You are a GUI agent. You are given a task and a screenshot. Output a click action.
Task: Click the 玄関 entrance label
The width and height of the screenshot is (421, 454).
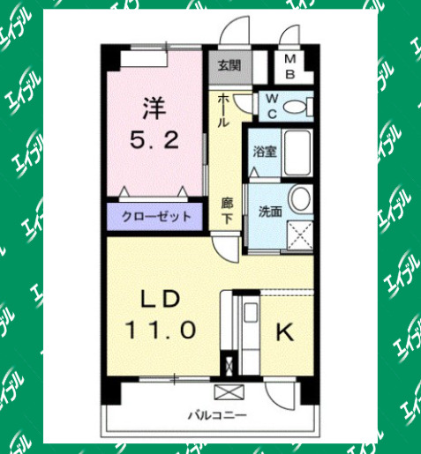tap(229, 64)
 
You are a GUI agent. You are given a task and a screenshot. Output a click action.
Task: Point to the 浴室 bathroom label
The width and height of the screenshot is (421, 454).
tap(264, 150)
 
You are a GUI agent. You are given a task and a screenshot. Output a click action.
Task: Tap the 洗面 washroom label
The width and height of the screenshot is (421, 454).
tap(269, 212)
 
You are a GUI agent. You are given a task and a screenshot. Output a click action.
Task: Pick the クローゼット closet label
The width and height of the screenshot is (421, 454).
tap(156, 217)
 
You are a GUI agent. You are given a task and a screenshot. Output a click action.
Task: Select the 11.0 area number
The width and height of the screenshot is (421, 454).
tap(160, 331)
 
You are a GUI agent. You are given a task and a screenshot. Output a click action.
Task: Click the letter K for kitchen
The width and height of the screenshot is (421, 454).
tap(284, 332)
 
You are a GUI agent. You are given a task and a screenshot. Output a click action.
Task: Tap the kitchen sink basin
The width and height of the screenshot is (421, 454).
tap(250, 311)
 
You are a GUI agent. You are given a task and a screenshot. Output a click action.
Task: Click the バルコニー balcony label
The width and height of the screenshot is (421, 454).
tap(216, 413)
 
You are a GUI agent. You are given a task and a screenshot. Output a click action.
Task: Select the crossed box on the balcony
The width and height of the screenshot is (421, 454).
tap(227, 391)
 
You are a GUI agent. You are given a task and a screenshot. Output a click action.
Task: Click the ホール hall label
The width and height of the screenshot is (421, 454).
tap(225, 110)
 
